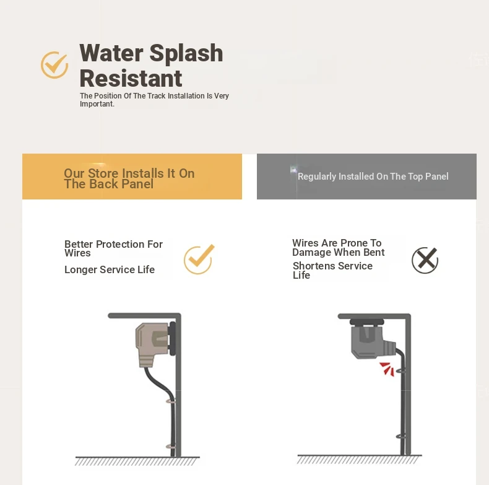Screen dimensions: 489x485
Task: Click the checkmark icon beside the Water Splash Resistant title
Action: click(x=54, y=64)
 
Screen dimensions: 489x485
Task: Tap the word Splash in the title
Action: click(x=186, y=54)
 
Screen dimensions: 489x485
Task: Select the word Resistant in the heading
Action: click(x=131, y=78)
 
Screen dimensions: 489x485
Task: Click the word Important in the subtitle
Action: click(x=97, y=104)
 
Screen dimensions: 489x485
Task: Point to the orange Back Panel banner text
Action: click(x=129, y=178)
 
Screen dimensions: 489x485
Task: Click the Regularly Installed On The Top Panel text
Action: click(x=373, y=177)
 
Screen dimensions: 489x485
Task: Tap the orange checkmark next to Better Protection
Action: click(x=199, y=260)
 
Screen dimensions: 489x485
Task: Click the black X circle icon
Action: click(x=425, y=260)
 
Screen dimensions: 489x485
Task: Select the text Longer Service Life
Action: click(x=110, y=269)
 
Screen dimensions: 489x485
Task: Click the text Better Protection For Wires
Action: click(x=113, y=248)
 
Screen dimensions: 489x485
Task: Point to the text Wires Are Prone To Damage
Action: click(x=339, y=248)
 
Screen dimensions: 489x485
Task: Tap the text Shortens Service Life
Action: click(x=332, y=270)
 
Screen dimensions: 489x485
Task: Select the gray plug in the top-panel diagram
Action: click(x=373, y=342)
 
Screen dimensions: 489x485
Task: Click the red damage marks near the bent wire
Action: click(x=387, y=369)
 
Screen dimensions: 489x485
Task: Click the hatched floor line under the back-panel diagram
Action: click(x=137, y=461)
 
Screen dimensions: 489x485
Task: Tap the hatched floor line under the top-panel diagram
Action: click(x=359, y=459)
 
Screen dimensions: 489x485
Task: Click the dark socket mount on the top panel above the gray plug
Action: click(x=366, y=321)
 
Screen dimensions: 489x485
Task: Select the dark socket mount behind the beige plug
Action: click(x=172, y=339)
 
